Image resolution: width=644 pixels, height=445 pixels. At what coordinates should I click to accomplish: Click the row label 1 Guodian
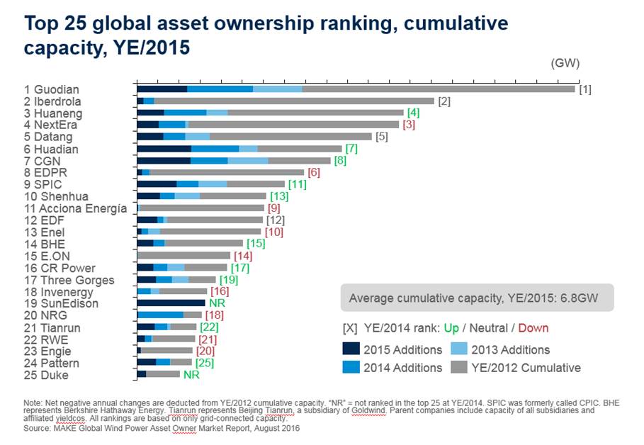pos(52,89)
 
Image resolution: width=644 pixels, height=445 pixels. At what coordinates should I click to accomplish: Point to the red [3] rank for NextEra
pos(408,125)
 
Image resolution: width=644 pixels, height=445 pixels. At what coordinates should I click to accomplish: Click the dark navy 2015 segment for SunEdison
pos(171,303)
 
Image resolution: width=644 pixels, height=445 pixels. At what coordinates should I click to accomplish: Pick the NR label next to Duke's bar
pos(191,374)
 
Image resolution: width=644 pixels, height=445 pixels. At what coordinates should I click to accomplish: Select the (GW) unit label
pos(565,63)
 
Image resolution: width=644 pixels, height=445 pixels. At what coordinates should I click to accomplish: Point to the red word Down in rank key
pos(533,328)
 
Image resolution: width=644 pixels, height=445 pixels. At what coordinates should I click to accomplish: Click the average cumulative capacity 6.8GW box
pos(477,298)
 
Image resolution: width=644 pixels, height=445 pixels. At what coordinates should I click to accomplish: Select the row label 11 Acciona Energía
pos(75,208)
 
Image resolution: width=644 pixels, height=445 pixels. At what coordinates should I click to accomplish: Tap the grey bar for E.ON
pos(183,256)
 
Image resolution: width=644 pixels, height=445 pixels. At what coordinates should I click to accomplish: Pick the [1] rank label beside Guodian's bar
pos(584,89)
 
